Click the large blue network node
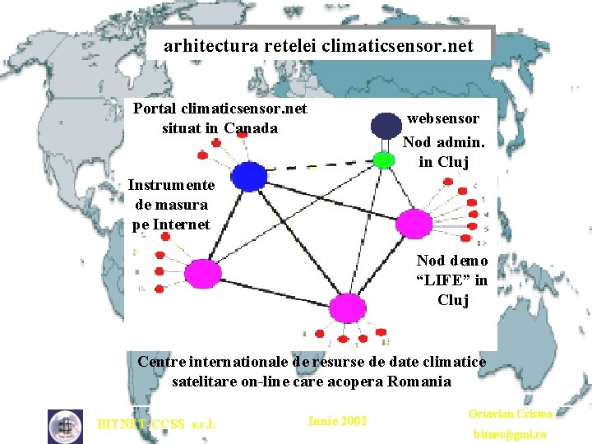[248, 176]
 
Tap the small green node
[383, 160]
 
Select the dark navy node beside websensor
[385, 125]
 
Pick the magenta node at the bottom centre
[348, 308]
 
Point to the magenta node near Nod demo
[414, 222]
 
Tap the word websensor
[442, 118]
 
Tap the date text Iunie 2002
[337, 421]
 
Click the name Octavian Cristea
[510, 414]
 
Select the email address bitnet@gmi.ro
[510, 433]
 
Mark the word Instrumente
[171, 185]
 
